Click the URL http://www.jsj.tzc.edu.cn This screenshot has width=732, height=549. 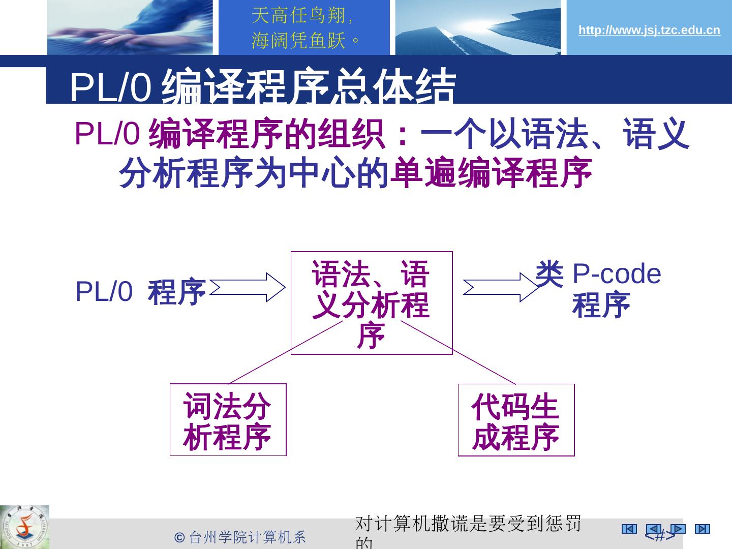coord(649,30)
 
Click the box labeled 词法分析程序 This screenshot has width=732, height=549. coord(228,420)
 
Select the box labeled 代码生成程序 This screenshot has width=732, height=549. coord(516,420)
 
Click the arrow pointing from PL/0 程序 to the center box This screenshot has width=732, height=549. coord(248,288)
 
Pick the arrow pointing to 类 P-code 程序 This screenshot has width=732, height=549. coord(500,288)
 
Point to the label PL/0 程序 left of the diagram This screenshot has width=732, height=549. coord(140,292)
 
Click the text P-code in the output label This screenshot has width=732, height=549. coord(616,274)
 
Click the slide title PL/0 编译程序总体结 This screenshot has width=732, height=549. coord(262,86)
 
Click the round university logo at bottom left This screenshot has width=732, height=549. coord(24,527)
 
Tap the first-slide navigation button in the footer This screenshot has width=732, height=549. coord(629,529)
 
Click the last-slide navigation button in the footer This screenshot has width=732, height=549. coord(702,529)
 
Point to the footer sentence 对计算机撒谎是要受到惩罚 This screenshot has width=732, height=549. coord(468,524)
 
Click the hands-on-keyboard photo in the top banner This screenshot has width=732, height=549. coord(130,27)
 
